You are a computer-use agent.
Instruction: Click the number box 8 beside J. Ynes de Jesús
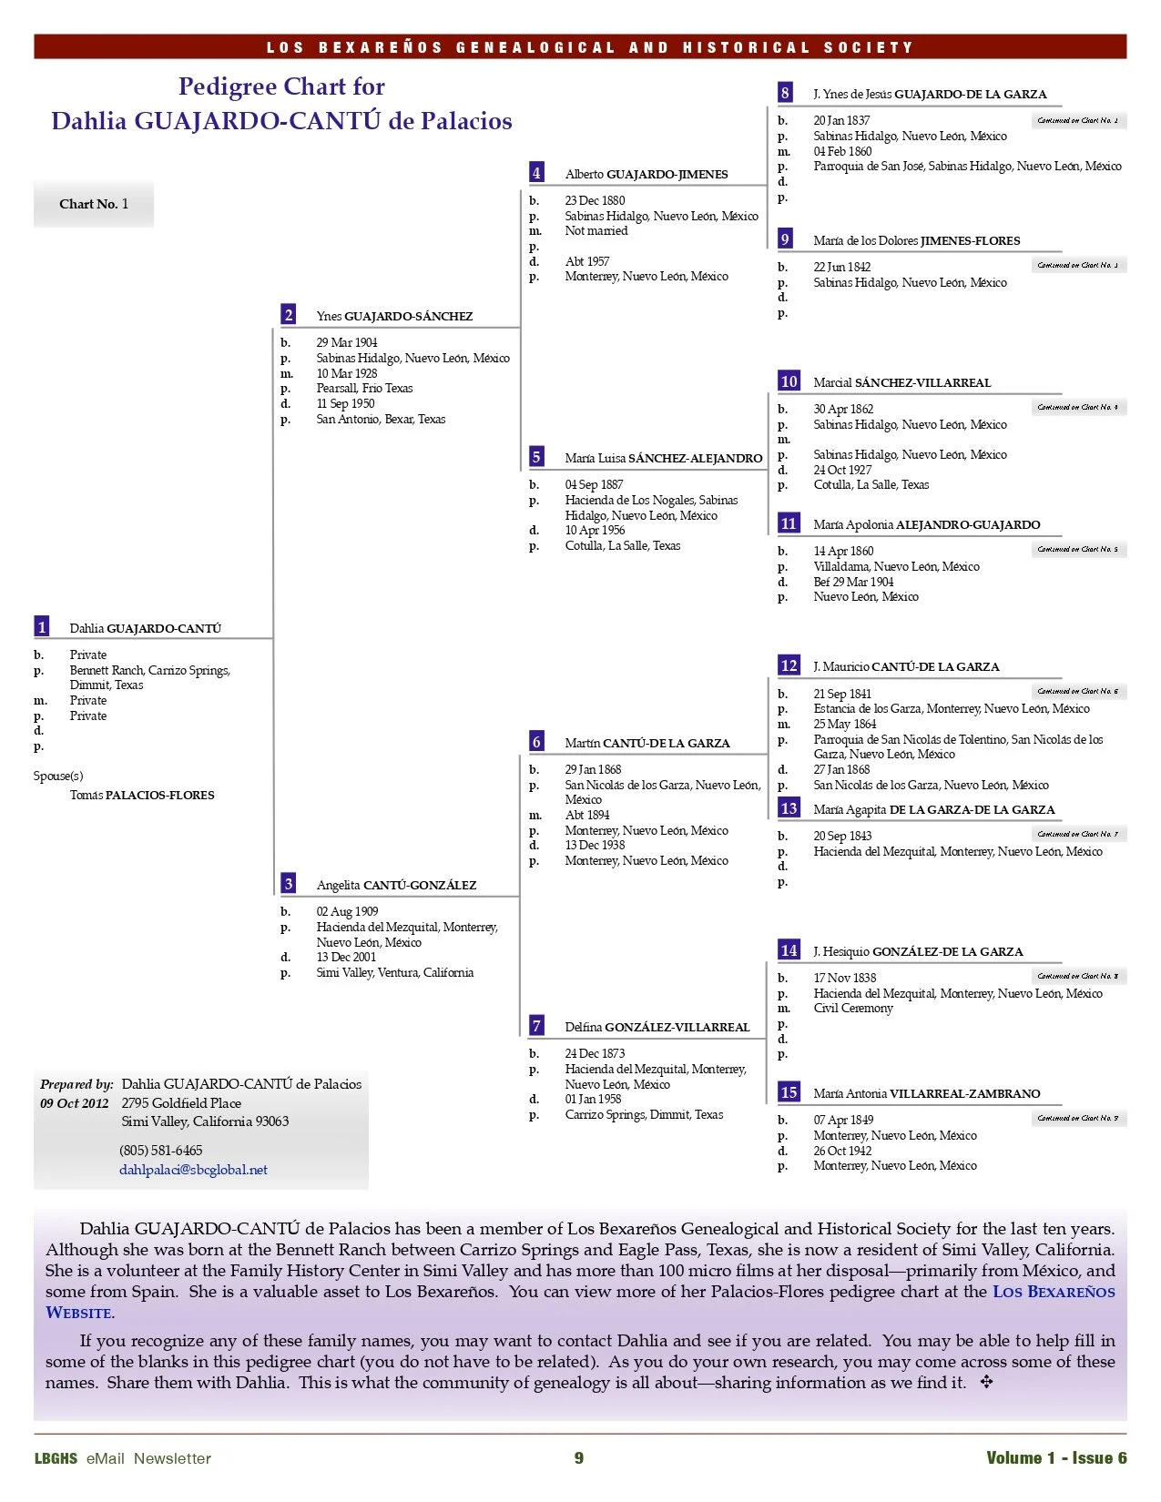tap(785, 93)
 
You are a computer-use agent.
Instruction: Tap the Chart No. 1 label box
tap(94, 204)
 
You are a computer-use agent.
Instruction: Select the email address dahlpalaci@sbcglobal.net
tap(193, 1170)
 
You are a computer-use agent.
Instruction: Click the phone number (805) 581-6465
tap(161, 1151)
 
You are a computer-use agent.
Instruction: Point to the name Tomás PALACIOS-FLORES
tap(142, 795)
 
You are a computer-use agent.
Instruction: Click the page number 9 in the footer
tap(579, 1458)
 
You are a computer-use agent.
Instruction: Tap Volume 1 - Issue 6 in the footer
tap(1056, 1458)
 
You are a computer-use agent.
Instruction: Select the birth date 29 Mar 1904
tap(347, 343)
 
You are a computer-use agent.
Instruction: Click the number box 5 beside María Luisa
tap(536, 457)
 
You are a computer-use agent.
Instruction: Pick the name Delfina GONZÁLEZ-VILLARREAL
tap(657, 1027)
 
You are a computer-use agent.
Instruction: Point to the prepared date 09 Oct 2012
tap(74, 1103)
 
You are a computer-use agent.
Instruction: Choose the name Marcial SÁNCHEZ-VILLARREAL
tap(901, 383)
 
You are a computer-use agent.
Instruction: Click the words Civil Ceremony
tap(853, 1009)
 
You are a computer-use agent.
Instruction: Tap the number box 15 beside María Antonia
tap(789, 1092)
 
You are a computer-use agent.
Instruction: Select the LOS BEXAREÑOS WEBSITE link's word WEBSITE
tap(79, 1313)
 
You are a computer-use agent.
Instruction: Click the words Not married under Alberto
tap(596, 231)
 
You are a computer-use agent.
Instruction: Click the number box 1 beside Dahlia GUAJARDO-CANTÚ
tap(42, 627)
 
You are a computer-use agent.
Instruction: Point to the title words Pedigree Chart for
tap(281, 86)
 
